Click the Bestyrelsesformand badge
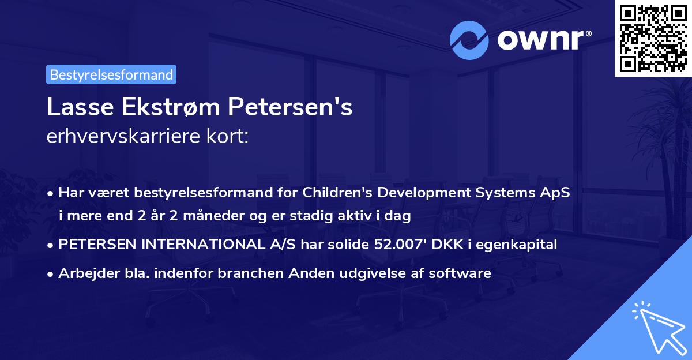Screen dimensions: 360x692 (111, 74)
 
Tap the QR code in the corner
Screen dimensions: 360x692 (652, 37)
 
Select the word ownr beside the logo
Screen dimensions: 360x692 (542, 39)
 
